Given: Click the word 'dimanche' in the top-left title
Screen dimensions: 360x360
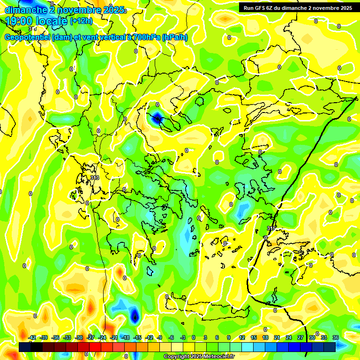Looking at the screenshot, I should point(23,9).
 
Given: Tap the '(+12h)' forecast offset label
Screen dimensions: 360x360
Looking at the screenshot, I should point(81,21).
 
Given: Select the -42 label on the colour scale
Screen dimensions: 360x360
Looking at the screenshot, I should point(32,337).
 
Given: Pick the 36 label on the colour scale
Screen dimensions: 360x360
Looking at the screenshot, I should point(336,337).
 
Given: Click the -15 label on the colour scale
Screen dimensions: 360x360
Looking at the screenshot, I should point(137,337).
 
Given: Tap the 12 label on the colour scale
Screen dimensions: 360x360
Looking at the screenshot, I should point(242,337).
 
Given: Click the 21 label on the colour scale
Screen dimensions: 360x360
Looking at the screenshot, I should point(277,337).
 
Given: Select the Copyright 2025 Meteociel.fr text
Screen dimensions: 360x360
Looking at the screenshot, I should point(199,357).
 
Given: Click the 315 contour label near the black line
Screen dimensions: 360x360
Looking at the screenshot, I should point(271,228).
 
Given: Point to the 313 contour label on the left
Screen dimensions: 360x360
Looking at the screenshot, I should point(95,178).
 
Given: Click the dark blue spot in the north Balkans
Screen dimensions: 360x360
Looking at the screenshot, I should point(157,119).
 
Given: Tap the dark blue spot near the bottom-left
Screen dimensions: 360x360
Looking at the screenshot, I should point(135,315).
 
